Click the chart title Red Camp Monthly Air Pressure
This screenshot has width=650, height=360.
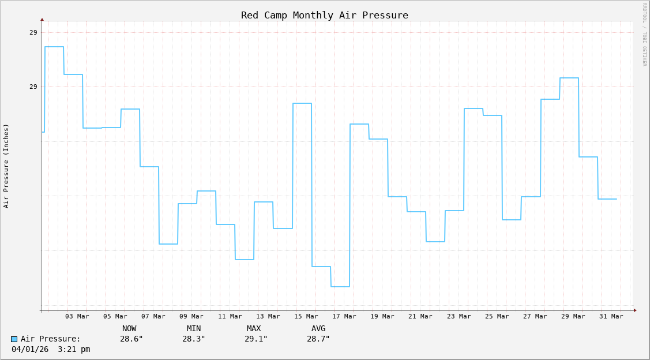[324, 15]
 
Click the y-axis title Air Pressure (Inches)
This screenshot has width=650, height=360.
[6, 166]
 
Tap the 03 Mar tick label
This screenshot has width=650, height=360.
[77, 316]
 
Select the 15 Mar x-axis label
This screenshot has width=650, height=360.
[306, 316]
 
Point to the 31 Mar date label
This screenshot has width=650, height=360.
[611, 316]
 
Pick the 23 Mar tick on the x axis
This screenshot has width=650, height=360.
[459, 316]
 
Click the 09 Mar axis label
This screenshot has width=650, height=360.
[191, 316]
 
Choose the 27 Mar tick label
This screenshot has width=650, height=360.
[535, 316]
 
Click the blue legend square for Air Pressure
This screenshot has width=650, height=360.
[14, 339]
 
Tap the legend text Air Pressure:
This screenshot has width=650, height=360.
[51, 339]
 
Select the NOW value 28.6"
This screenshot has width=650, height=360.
[131, 339]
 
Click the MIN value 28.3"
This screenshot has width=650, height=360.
[194, 339]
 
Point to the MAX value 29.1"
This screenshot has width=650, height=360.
[256, 339]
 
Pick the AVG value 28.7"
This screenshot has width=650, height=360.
[318, 339]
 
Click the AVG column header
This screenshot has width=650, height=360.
[318, 328]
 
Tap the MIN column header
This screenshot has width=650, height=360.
[194, 328]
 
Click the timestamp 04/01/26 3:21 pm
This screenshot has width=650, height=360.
[51, 349]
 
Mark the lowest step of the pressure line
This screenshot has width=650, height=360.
[340, 287]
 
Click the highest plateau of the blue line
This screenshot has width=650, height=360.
[54, 47]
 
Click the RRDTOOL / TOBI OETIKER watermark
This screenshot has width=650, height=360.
[644, 35]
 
